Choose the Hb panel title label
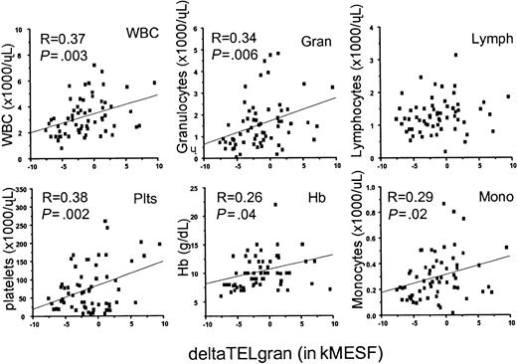click(316, 197)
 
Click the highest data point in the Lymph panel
click(455, 55)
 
